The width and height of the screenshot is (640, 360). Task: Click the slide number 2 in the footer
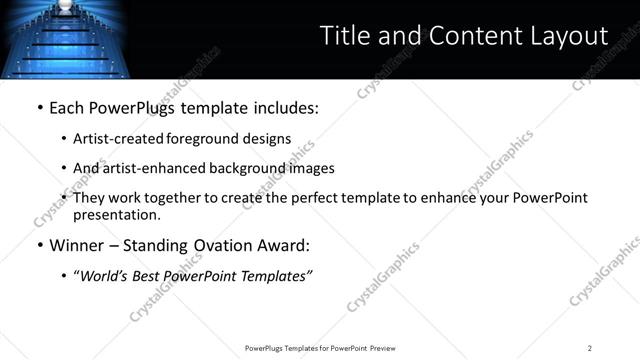tap(590, 347)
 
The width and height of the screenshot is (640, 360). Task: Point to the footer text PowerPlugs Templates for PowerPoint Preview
tap(319, 347)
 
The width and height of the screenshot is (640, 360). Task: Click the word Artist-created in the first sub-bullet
tap(121, 139)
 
